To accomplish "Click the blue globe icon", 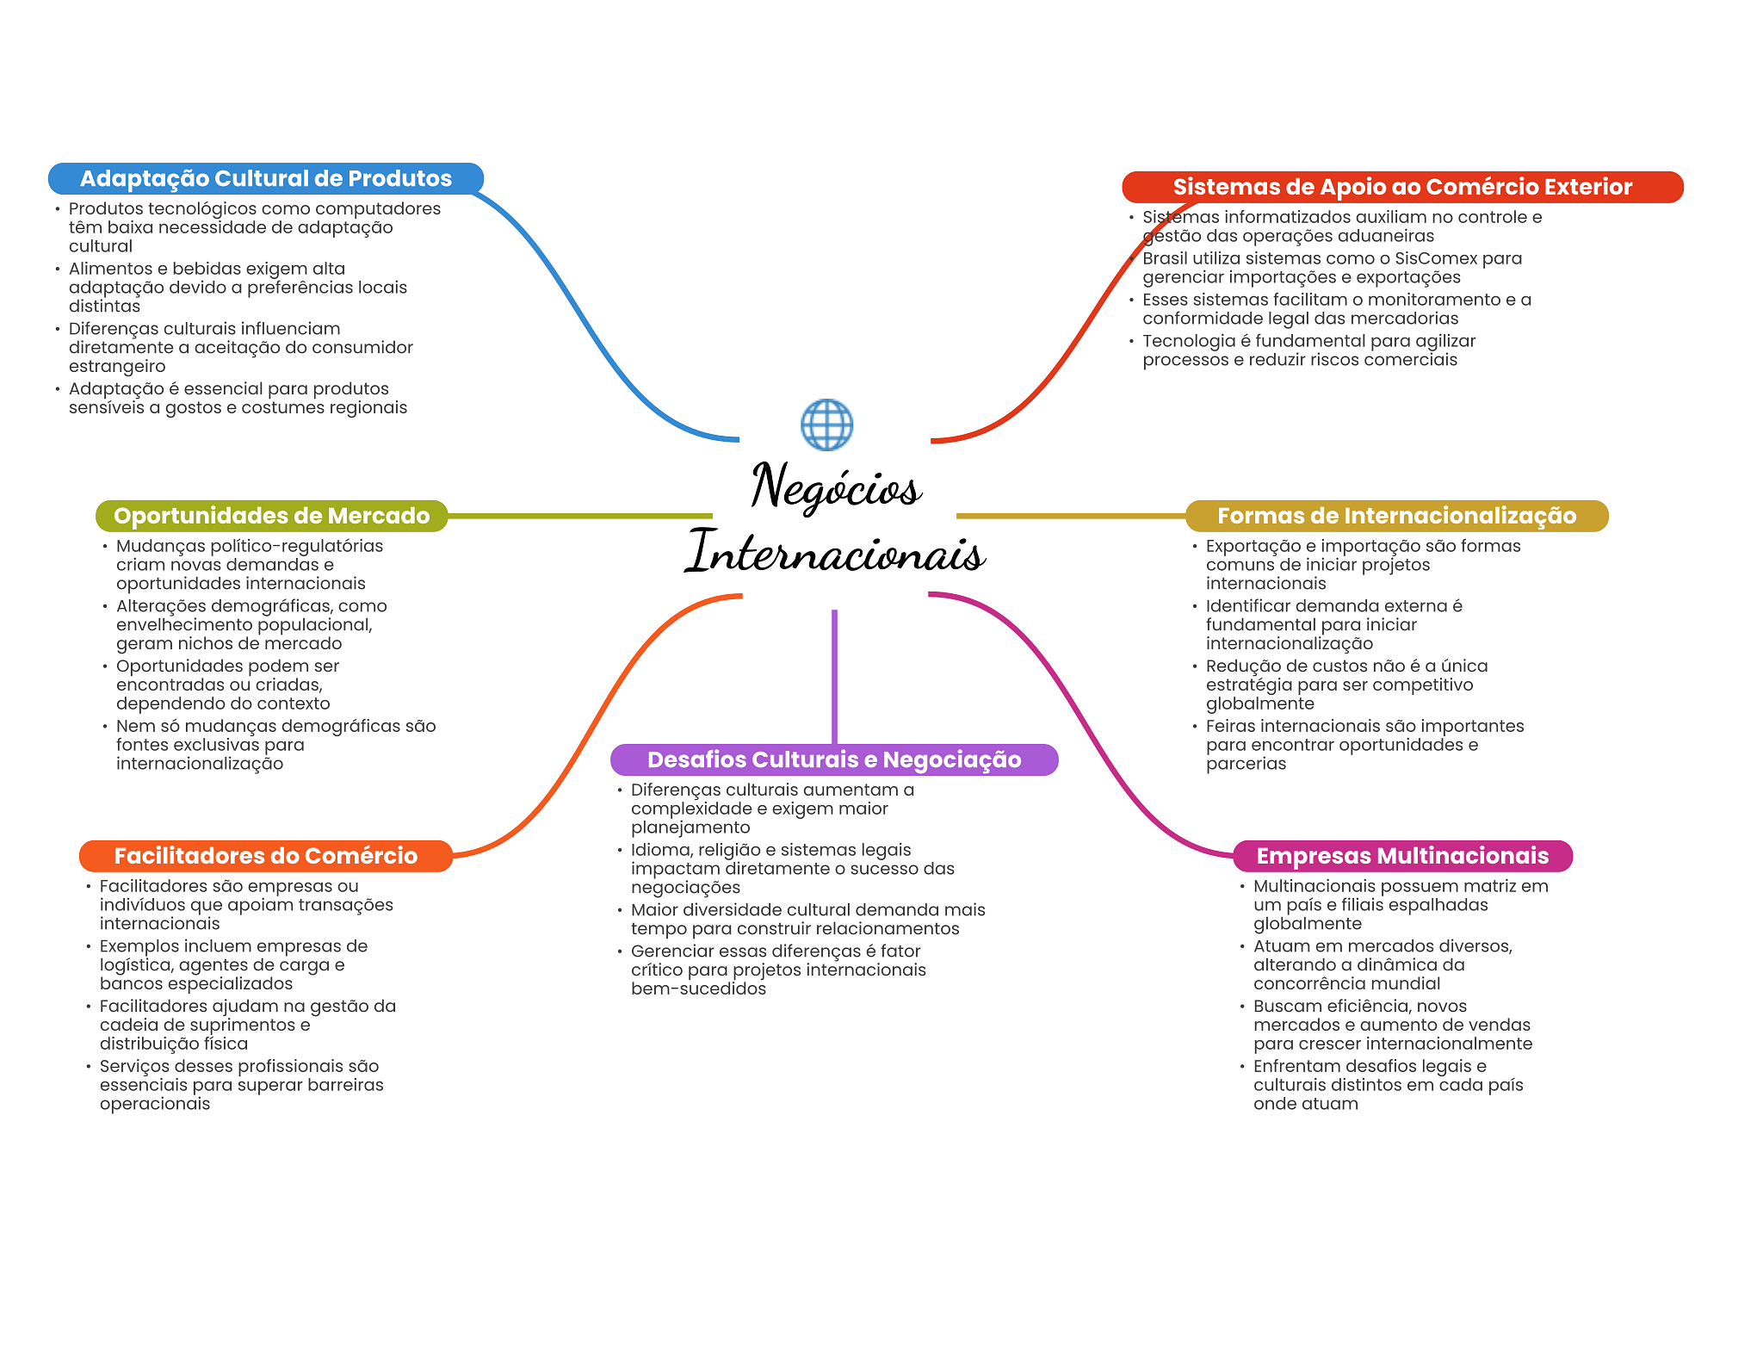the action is click(x=826, y=425).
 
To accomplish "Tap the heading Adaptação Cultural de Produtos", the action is click(x=266, y=178).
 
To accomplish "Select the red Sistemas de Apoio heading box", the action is click(x=1402, y=187).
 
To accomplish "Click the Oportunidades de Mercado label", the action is click(x=271, y=516).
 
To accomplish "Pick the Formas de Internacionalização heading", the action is click(x=1396, y=516).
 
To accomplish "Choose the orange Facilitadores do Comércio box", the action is click(x=266, y=856).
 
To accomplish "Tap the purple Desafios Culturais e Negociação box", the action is click(x=834, y=759).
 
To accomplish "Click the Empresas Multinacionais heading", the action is click(x=1402, y=856).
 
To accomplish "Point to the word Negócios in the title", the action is click(x=836, y=487).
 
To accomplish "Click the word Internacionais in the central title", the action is click(x=835, y=552).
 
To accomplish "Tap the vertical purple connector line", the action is click(x=834, y=677).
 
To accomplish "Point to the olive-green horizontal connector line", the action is click(x=580, y=516).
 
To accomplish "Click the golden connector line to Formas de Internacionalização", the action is click(x=1071, y=516).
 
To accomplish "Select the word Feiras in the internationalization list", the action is click(x=1230, y=726).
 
